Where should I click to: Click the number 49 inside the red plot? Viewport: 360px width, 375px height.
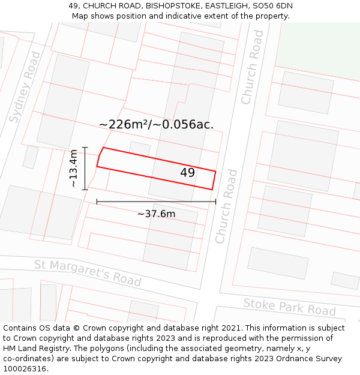[x=187, y=173]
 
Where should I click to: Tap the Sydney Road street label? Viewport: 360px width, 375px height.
[x=25, y=87]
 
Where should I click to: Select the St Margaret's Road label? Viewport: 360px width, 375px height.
[x=88, y=273]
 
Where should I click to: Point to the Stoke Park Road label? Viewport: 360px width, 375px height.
[x=289, y=307]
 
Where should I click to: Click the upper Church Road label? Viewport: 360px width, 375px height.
[x=252, y=67]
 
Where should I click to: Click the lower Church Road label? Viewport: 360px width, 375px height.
[x=226, y=206]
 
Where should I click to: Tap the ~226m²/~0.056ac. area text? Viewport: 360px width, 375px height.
[x=156, y=125]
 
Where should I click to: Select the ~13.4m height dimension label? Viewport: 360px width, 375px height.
[x=73, y=169]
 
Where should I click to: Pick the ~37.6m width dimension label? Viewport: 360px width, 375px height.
[x=156, y=214]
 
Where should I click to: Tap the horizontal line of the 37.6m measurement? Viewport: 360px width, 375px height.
[x=156, y=202]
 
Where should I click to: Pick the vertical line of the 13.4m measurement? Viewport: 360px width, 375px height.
[x=85, y=169]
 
